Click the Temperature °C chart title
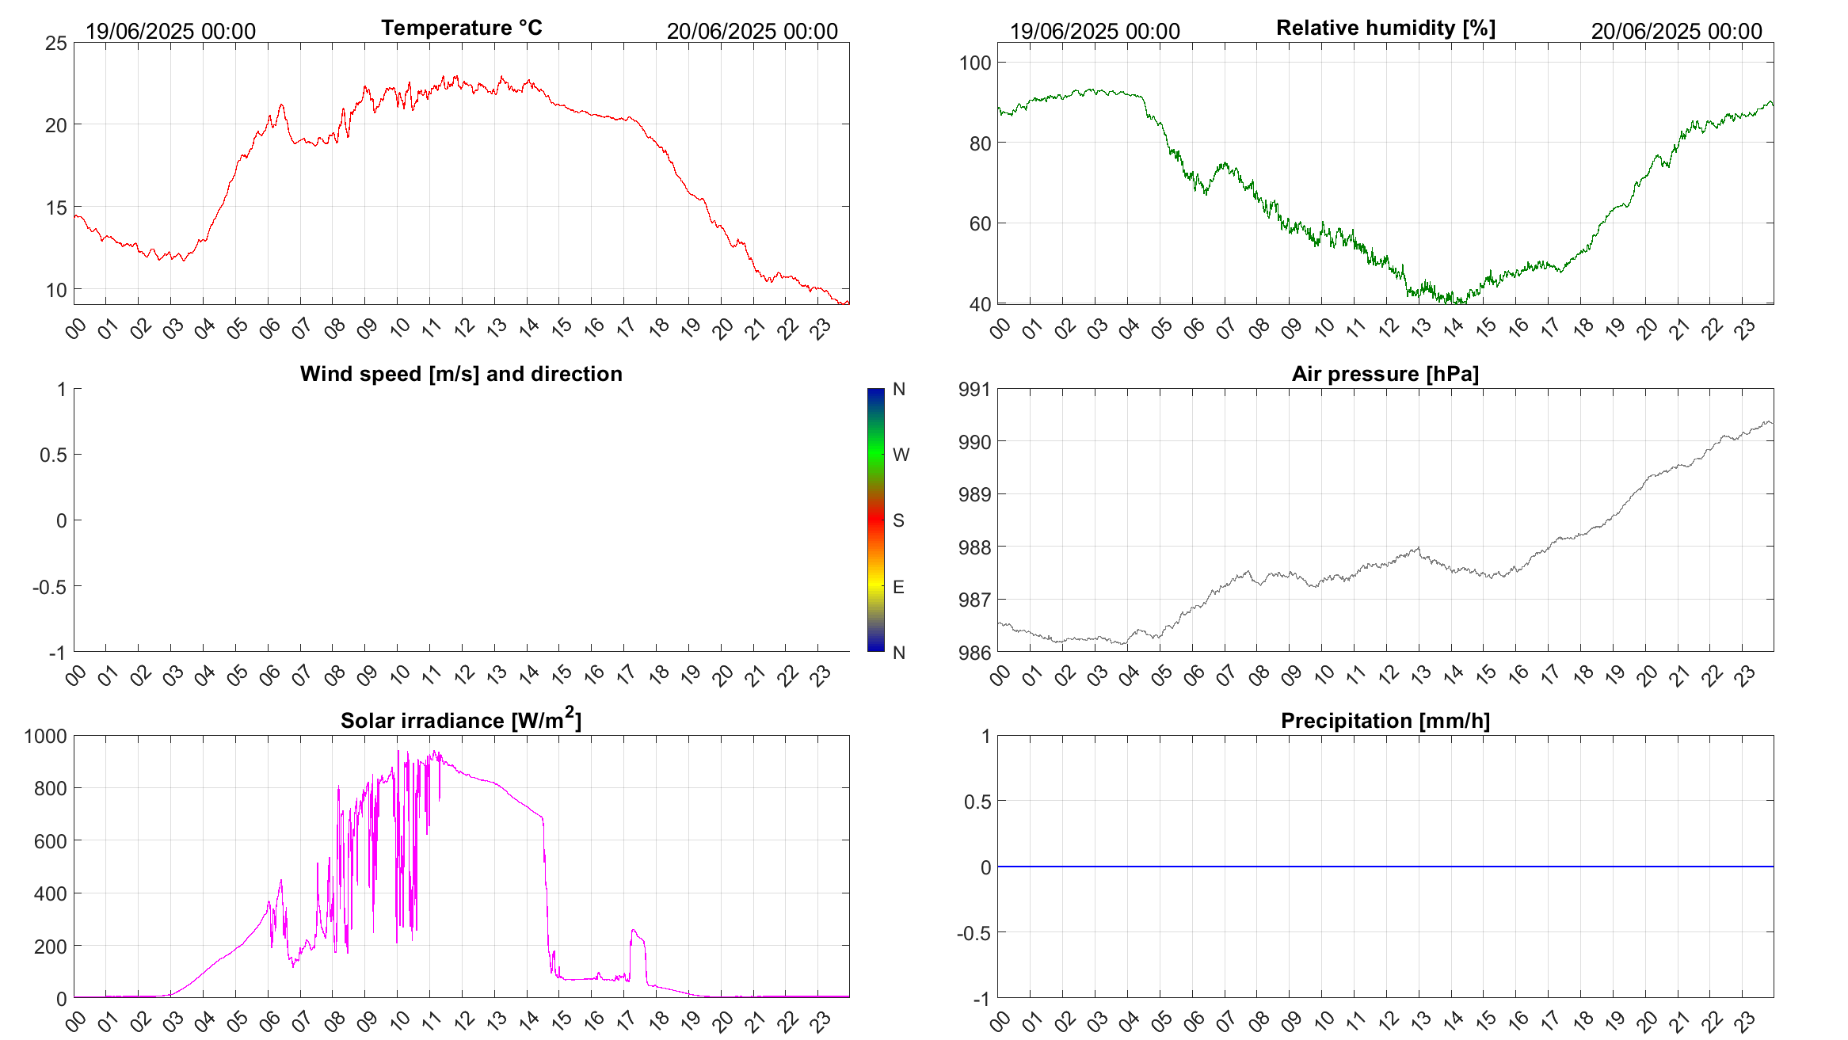(x=461, y=29)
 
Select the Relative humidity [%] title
(x=1385, y=29)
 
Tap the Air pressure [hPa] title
(x=1385, y=374)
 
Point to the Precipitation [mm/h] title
(x=1385, y=721)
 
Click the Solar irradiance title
(x=461, y=720)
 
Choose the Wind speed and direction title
(x=461, y=374)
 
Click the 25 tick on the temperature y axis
(x=56, y=44)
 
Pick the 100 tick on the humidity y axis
(x=975, y=63)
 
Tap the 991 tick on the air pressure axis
(x=974, y=389)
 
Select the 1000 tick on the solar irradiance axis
(x=46, y=736)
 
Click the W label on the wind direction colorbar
(x=901, y=455)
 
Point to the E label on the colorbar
(x=898, y=587)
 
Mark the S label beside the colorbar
(x=898, y=520)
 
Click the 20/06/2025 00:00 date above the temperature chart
(x=752, y=31)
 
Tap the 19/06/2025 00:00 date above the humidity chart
(x=1095, y=31)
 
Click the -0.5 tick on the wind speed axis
(x=49, y=587)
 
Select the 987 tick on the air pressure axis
(x=974, y=600)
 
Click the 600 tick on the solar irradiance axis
(x=51, y=841)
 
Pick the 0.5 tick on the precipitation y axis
(x=977, y=802)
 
